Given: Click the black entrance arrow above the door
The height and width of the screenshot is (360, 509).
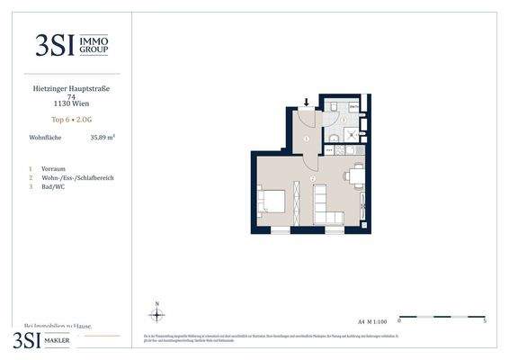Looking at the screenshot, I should click(307, 102).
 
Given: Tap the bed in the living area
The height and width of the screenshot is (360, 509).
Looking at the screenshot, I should click(273, 202).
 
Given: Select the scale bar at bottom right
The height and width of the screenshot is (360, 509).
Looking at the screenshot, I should click(442, 317).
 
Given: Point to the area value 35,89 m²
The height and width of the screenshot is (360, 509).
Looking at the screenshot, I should click(103, 138).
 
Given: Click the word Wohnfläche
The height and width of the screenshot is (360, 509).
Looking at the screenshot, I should click(46, 138).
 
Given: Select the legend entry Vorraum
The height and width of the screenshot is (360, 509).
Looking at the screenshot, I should click(54, 168).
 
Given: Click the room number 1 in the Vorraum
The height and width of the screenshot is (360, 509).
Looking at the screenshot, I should click(306, 139).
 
